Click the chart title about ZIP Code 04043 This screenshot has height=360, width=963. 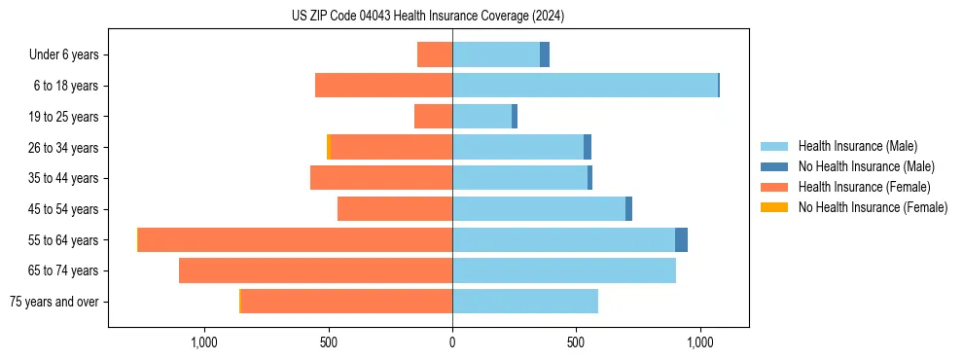(x=428, y=16)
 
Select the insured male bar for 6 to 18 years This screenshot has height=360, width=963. (x=585, y=86)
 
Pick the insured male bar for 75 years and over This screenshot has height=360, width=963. (x=525, y=302)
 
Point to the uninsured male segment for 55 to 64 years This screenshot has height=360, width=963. (x=681, y=239)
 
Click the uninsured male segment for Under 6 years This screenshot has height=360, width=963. (x=545, y=54)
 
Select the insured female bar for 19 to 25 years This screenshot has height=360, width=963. (x=433, y=117)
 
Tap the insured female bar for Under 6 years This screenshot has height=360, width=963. (x=435, y=54)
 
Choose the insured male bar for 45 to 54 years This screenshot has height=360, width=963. (x=539, y=209)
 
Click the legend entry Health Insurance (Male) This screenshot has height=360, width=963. (x=857, y=147)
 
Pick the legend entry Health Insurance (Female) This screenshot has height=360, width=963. (x=864, y=187)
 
